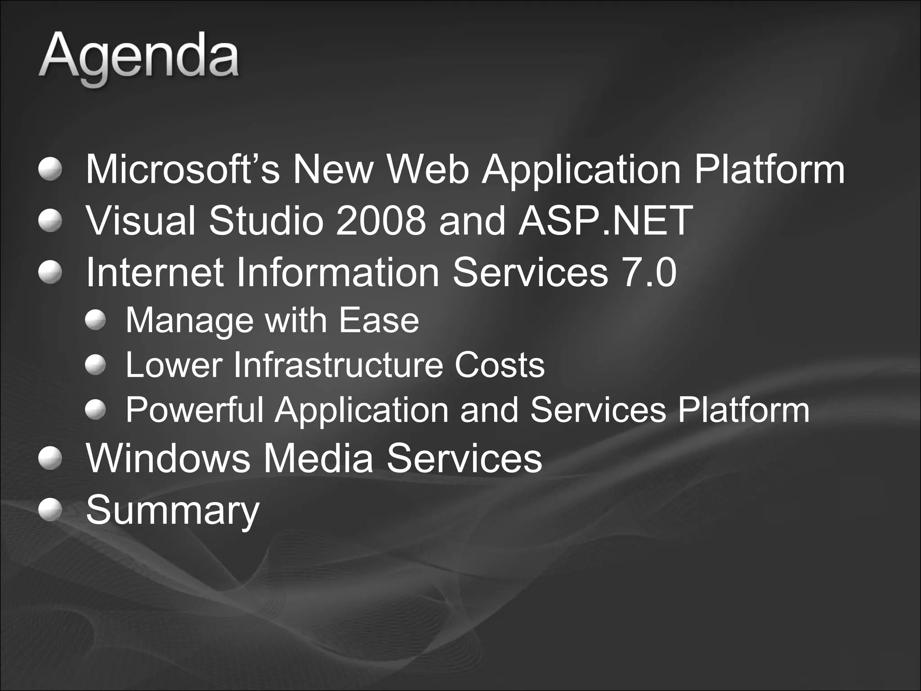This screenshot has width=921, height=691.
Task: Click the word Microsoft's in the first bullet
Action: point(183,169)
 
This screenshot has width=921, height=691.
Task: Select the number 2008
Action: point(380,220)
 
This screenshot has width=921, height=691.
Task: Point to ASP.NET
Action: point(605,220)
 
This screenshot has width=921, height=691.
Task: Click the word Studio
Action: point(266,220)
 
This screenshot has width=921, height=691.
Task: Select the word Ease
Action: point(379,320)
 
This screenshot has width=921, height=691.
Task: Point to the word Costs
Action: point(500,365)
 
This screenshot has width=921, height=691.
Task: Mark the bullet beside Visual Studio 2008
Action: point(49,221)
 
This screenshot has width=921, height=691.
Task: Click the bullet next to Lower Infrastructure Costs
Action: point(95,365)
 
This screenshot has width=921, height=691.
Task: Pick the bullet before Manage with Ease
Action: point(95,320)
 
